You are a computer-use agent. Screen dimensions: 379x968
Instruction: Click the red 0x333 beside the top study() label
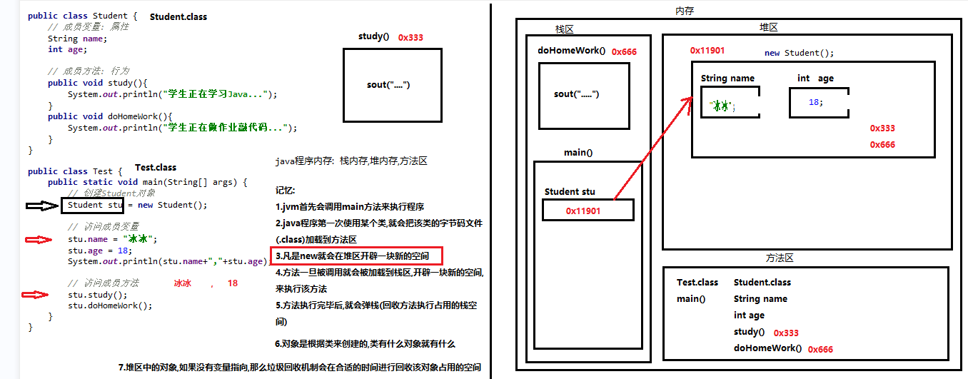410,37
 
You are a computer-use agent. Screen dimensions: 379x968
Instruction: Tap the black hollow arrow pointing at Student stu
42,206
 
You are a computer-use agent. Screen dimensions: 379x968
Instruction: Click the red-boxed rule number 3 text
356,256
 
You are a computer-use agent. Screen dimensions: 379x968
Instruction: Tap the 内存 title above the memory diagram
684,11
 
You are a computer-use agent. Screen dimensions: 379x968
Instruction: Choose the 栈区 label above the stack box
564,29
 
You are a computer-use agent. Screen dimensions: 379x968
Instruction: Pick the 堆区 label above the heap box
768,27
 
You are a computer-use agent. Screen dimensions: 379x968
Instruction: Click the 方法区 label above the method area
780,258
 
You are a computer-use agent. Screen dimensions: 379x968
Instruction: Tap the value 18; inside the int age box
815,102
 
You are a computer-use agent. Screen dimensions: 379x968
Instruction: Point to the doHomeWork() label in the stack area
571,51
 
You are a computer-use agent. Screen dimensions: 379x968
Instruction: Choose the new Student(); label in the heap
799,53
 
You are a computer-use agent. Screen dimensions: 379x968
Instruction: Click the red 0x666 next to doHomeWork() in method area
820,350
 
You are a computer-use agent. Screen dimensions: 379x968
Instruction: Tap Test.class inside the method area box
697,283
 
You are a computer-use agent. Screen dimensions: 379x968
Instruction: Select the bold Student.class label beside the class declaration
178,16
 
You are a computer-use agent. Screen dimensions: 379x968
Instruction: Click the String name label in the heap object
727,79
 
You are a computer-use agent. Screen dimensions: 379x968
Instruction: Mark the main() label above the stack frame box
578,152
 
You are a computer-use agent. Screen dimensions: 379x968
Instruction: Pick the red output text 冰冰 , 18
206,283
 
